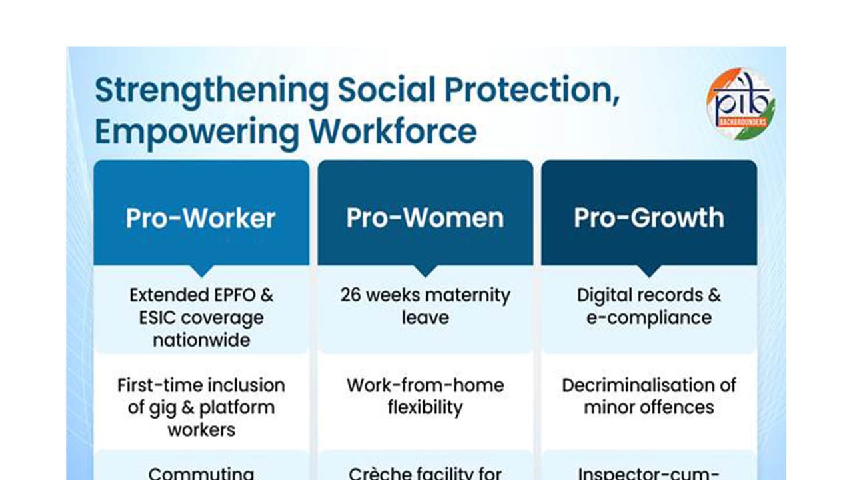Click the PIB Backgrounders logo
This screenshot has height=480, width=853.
[x=740, y=103]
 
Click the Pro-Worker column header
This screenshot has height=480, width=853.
[x=201, y=218]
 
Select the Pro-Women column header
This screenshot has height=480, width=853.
[x=425, y=218]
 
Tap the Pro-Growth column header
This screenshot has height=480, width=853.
[x=649, y=218]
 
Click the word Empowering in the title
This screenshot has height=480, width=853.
[x=197, y=131]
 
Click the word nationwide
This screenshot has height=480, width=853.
[x=201, y=340]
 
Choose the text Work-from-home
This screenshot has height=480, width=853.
[x=425, y=385]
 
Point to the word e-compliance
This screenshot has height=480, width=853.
[x=649, y=318]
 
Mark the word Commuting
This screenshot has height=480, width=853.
[x=201, y=473]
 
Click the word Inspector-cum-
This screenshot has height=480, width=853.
[x=649, y=473]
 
